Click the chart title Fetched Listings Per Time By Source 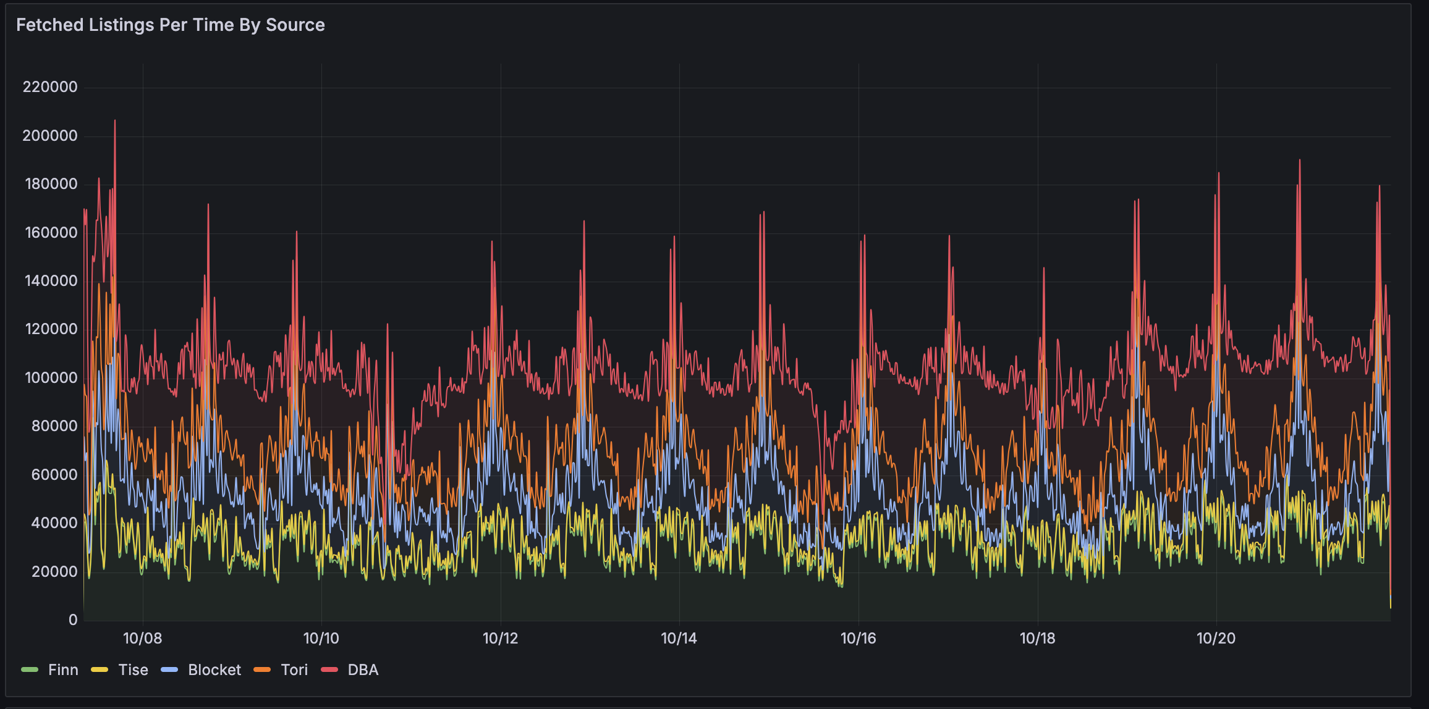click(171, 25)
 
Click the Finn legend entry click(63, 670)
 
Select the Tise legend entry click(133, 670)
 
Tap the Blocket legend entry click(214, 670)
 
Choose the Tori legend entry click(294, 670)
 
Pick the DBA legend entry click(363, 670)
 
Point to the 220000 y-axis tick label click(50, 87)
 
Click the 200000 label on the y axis click(50, 136)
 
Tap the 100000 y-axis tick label click(50, 378)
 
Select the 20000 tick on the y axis click(54, 572)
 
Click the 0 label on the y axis click(73, 620)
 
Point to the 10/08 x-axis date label click(143, 639)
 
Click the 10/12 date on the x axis click(500, 639)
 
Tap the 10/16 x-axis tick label click(858, 639)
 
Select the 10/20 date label click(1216, 639)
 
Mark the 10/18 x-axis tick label click(1037, 639)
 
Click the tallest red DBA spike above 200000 click(115, 122)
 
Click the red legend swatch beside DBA click(329, 670)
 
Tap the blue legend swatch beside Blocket click(169, 670)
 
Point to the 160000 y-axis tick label click(50, 233)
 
